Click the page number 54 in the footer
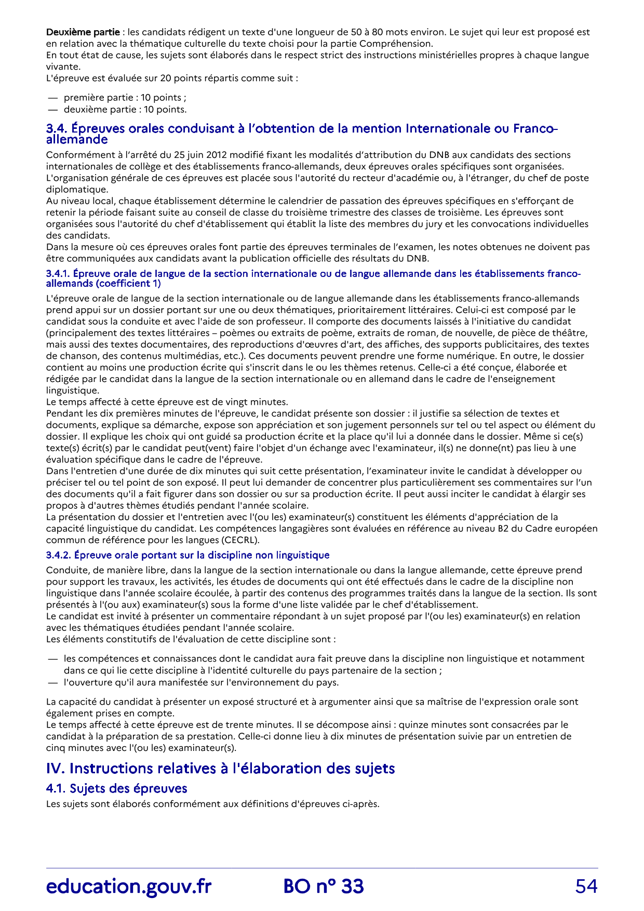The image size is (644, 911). coord(586,886)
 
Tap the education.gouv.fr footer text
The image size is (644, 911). coord(129,886)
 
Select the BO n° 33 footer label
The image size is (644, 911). coord(324,886)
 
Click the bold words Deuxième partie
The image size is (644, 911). coord(83,32)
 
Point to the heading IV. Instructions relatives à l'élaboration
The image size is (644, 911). coord(220,768)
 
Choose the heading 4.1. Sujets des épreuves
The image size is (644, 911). coord(116,788)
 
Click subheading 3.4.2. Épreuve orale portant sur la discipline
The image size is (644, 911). coord(187,555)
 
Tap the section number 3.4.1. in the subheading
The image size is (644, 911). coord(58,273)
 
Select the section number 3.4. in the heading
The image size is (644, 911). coord(57,128)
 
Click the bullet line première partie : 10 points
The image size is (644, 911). coord(125,98)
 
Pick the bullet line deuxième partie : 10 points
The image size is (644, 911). coord(125,109)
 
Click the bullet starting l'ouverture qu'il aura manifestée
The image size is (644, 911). coord(200,682)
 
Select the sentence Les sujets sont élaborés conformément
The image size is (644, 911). coord(212,804)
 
